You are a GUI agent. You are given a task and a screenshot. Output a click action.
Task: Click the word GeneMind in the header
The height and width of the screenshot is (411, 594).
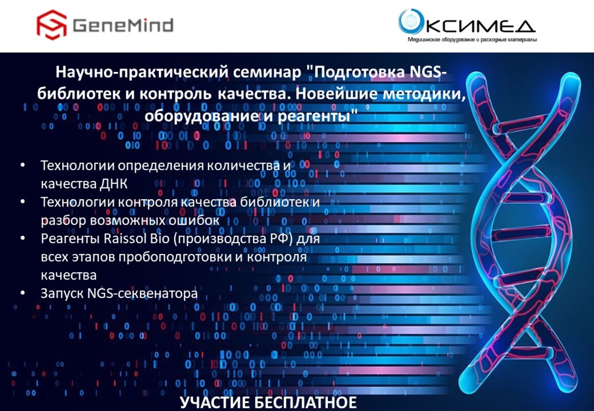click(x=123, y=25)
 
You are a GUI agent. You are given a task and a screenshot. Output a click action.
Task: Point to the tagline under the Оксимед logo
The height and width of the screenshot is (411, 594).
click(x=472, y=40)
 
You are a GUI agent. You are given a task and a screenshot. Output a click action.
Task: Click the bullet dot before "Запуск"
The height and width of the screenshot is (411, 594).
click(x=23, y=293)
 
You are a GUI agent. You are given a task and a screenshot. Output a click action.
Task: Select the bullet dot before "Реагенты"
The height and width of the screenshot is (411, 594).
click(x=23, y=238)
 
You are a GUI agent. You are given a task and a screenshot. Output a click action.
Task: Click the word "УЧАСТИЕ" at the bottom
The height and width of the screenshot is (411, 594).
click(x=213, y=403)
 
